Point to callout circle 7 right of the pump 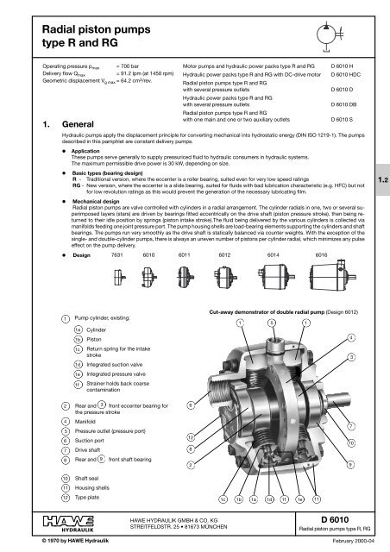pyautogui.click(x=349, y=425)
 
